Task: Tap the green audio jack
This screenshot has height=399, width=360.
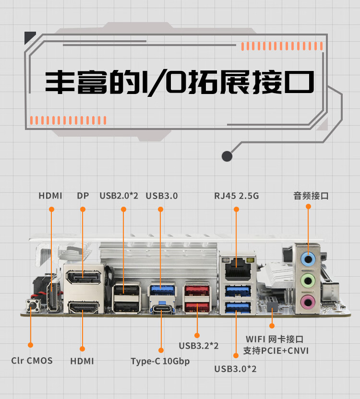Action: point(308,281)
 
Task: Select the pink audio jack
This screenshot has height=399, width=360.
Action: point(308,301)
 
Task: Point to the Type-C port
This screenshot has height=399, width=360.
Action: point(161,308)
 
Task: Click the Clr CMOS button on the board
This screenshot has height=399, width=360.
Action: point(32,305)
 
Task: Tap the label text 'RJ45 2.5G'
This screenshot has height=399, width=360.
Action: point(236,196)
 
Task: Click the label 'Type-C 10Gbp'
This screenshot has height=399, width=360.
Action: point(160,361)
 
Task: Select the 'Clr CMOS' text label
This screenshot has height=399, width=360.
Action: point(32,361)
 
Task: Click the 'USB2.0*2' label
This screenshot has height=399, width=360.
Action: point(119,196)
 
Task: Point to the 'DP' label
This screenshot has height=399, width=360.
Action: point(83,196)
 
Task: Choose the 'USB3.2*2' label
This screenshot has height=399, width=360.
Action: point(199,345)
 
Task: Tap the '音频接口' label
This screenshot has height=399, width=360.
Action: point(311,196)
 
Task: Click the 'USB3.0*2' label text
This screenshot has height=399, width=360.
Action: point(235,369)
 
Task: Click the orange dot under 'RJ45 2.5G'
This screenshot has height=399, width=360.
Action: point(236,209)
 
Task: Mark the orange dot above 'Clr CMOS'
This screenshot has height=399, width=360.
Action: point(30,344)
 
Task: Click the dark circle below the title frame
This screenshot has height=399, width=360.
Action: point(227,156)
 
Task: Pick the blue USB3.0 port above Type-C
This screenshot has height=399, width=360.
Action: point(160,290)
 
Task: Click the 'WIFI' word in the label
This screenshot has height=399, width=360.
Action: point(255,339)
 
